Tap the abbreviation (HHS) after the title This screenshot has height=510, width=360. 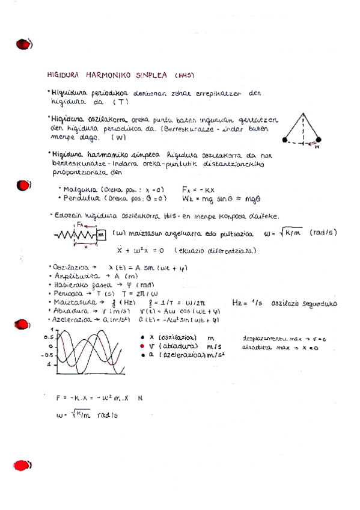(185, 76)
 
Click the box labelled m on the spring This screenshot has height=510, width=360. (100, 233)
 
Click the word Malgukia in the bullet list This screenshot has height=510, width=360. (80, 188)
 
